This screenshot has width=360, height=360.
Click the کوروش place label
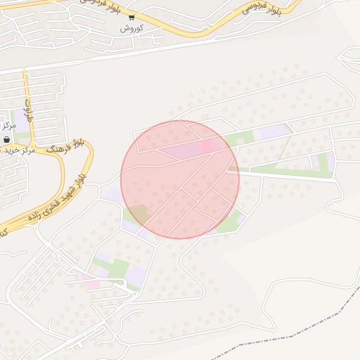tap(131, 27)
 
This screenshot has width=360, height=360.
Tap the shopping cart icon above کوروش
tap(131, 17)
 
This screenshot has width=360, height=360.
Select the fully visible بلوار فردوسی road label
tap(261, 9)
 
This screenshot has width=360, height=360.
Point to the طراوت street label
tap(30, 110)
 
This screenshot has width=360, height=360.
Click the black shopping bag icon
tap(6, 139)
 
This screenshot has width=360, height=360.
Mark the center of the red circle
tap(180, 179)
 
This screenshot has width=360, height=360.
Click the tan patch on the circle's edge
tap(140, 213)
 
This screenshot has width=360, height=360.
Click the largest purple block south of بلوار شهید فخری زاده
tap(136, 274)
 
